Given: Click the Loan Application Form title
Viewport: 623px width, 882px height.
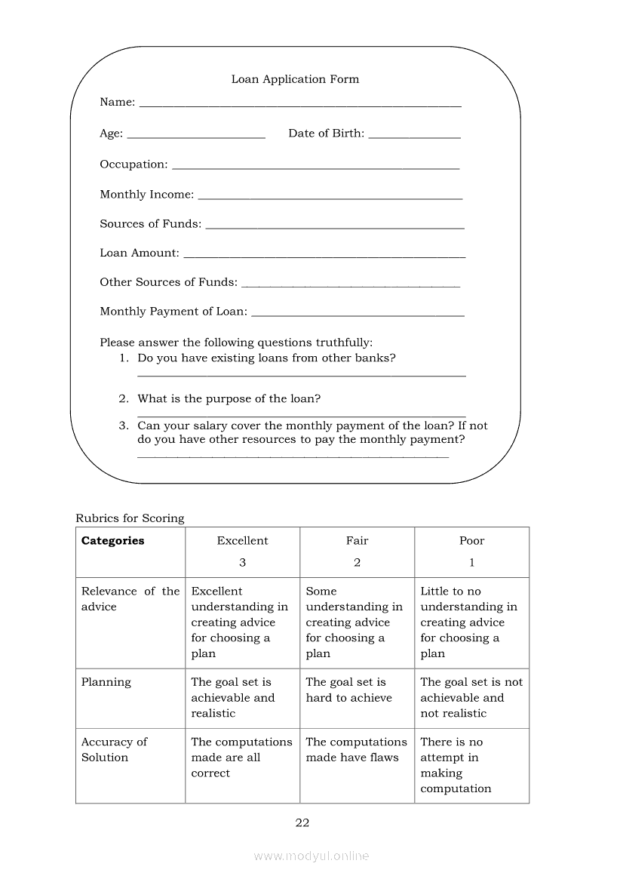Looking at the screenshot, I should point(295,79).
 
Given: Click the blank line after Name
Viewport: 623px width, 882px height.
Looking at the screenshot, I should point(300,106).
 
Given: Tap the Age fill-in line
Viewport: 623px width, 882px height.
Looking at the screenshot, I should point(196,137).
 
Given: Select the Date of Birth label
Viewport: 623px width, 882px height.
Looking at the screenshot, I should point(326,134).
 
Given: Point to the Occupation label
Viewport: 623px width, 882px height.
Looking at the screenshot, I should point(133,164).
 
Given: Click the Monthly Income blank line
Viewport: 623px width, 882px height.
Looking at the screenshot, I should point(330,198).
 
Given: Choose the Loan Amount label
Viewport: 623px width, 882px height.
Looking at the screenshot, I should point(140,254).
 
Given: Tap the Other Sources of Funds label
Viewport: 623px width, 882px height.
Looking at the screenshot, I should point(168,282).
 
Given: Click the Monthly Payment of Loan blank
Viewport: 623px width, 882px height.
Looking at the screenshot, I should point(358,315).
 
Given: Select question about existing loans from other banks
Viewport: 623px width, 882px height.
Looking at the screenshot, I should point(266,358).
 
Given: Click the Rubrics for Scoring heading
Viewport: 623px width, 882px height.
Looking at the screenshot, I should point(130,518).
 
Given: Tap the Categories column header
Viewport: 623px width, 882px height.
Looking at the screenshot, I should point(112,541).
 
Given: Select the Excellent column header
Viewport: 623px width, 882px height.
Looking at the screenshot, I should point(242,541).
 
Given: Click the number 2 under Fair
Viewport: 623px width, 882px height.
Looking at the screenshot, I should point(357,563).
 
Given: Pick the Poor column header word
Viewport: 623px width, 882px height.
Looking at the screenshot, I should point(471,541).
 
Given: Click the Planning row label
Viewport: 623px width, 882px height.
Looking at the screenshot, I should point(106,682).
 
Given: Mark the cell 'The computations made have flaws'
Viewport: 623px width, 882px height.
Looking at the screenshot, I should point(356,750).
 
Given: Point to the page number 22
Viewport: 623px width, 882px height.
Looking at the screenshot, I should point(302,823).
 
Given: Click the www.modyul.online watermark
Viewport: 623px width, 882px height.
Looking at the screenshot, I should point(311,856).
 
